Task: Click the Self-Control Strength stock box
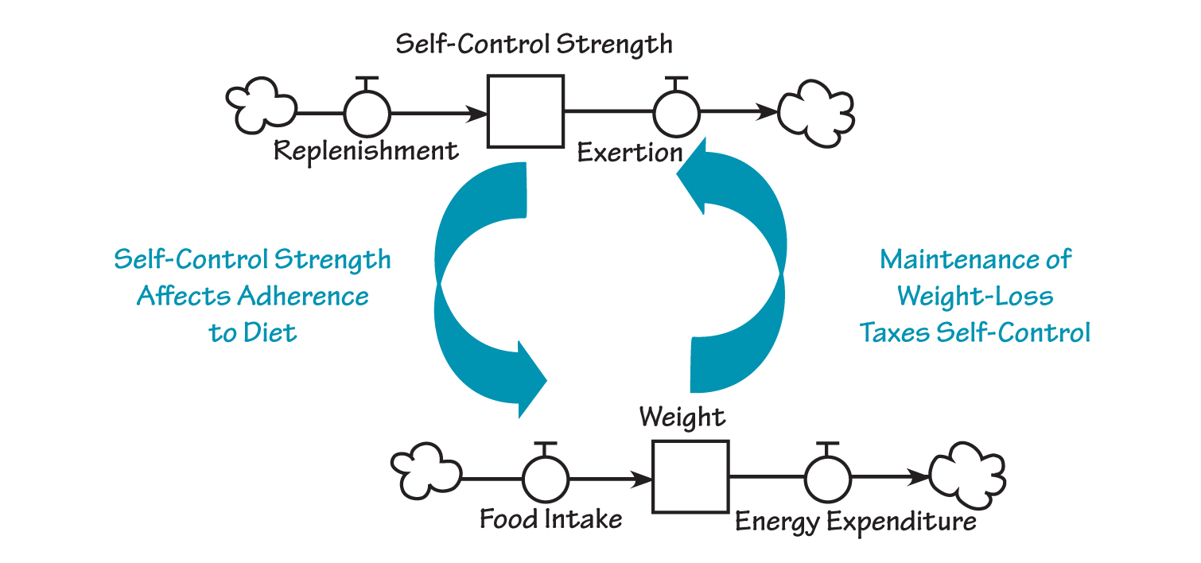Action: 525,111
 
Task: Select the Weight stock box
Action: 690,477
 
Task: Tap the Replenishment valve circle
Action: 367,113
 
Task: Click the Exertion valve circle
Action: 676,113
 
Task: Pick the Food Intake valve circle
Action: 546,479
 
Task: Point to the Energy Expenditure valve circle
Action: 828,479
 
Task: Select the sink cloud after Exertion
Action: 815,111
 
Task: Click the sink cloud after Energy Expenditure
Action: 967,477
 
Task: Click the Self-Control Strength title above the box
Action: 534,44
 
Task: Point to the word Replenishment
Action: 367,150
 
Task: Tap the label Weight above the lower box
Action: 682,417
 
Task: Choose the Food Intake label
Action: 550,519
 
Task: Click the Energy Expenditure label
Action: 855,522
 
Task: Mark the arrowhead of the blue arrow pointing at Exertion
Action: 694,179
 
